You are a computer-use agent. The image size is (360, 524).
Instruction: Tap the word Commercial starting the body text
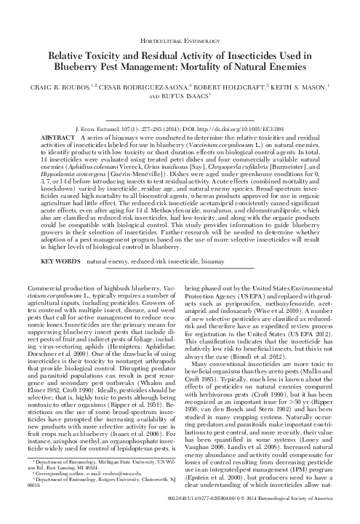[x=60, y=289]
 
